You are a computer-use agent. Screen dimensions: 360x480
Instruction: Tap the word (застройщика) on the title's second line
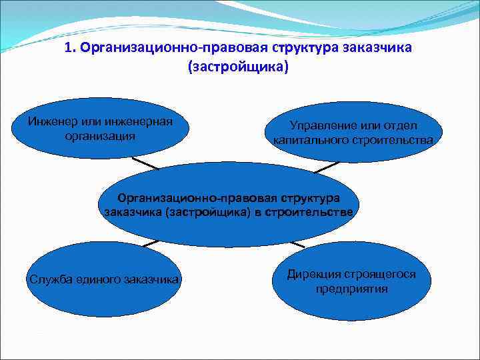pyautogui.click(x=239, y=68)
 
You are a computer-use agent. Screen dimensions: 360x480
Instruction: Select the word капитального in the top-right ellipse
pyautogui.click(x=310, y=141)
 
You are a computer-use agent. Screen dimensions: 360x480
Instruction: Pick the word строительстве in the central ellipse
pyautogui.click(x=312, y=212)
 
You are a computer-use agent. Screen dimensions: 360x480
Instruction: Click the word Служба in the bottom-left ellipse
pyautogui.click(x=49, y=279)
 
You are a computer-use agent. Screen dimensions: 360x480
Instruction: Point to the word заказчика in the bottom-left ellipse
pyautogui.click(x=152, y=279)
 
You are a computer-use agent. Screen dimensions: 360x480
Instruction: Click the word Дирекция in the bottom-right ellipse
pyautogui.click(x=313, y=274)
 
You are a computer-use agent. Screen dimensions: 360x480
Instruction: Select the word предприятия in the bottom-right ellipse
pyautogui.click(x=351, y=289)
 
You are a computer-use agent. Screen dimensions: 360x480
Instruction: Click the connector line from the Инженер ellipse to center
pyautogui.click(x=145, y=163)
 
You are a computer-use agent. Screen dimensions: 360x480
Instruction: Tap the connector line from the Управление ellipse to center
pyautogui.click(x=327, y=167)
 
